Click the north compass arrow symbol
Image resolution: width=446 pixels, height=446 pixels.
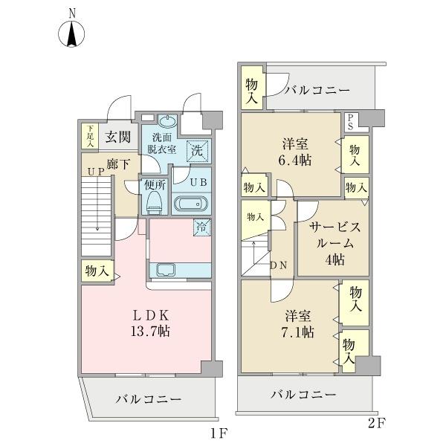[72, 34]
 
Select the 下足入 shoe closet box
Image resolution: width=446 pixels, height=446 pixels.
[88, 135]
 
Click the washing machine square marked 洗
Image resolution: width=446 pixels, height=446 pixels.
[197, 149]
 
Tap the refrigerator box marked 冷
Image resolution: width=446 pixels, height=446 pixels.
[201, 227]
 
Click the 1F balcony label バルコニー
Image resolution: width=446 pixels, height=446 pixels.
[148, 399]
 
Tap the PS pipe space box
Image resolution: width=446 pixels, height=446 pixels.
[349, 122]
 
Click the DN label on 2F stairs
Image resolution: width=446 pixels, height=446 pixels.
[279, 265]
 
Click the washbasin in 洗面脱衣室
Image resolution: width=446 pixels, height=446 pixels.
[167, 122]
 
